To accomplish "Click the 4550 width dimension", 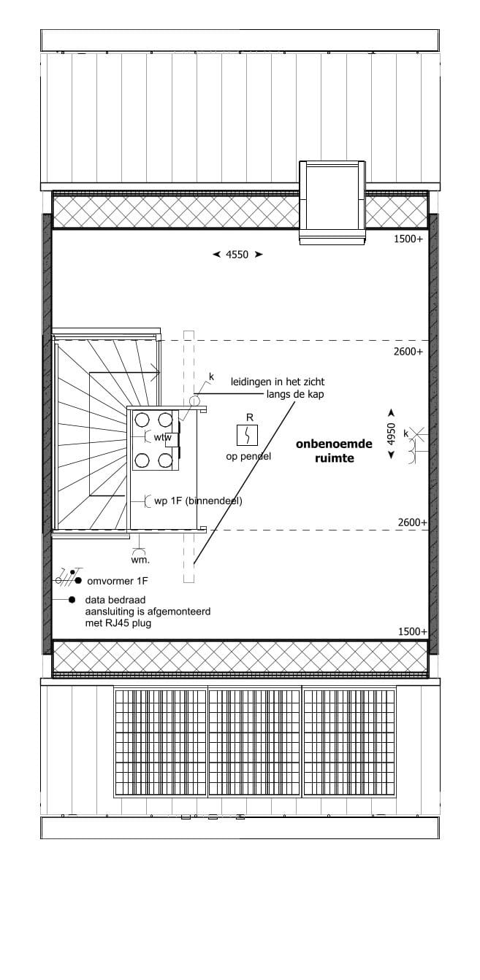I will [237, 255].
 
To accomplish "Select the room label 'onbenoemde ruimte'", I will [334, 451].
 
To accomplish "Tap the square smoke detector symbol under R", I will [249, 436].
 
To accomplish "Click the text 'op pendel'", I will [248, 457].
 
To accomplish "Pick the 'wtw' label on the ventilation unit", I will [162, 437].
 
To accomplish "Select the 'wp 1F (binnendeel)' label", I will [198, 501].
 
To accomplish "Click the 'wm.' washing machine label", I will [140, 560].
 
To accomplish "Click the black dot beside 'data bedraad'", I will [72, 600].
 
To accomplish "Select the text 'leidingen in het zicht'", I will [278, 382].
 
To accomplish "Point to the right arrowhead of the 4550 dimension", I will [259, 255].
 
